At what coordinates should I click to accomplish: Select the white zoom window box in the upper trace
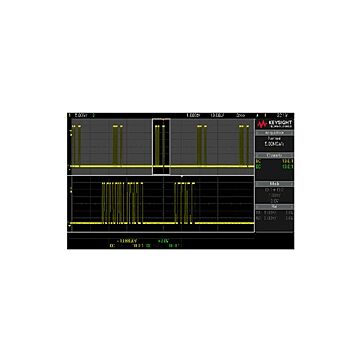tap(164, 148)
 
